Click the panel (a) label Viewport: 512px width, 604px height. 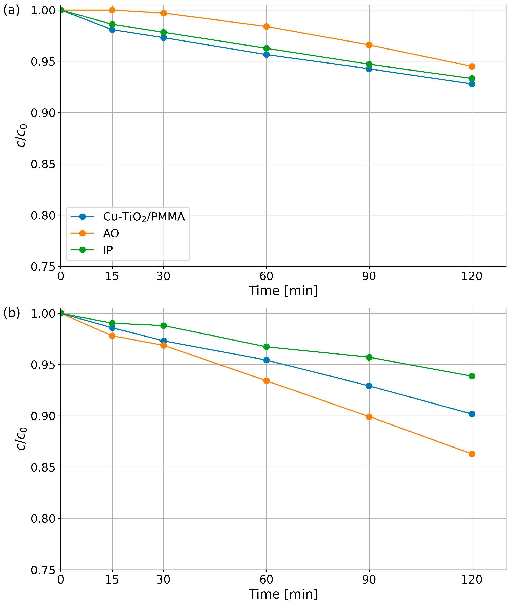12,10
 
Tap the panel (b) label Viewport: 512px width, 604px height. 12,314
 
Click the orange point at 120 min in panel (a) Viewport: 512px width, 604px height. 472,67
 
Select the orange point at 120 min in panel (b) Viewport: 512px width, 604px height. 472,454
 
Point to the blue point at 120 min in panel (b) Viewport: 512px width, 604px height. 472,414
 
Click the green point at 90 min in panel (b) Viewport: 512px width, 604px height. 369,357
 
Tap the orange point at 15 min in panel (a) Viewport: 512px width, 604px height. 112,10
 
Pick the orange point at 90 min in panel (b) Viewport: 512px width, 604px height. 369,417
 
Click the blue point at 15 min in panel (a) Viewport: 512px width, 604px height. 112,30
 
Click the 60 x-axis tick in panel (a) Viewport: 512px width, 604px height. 266,276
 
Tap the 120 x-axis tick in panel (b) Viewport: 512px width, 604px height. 472,579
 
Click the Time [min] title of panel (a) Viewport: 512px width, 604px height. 283,291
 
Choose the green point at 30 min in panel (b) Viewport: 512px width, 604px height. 163,325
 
